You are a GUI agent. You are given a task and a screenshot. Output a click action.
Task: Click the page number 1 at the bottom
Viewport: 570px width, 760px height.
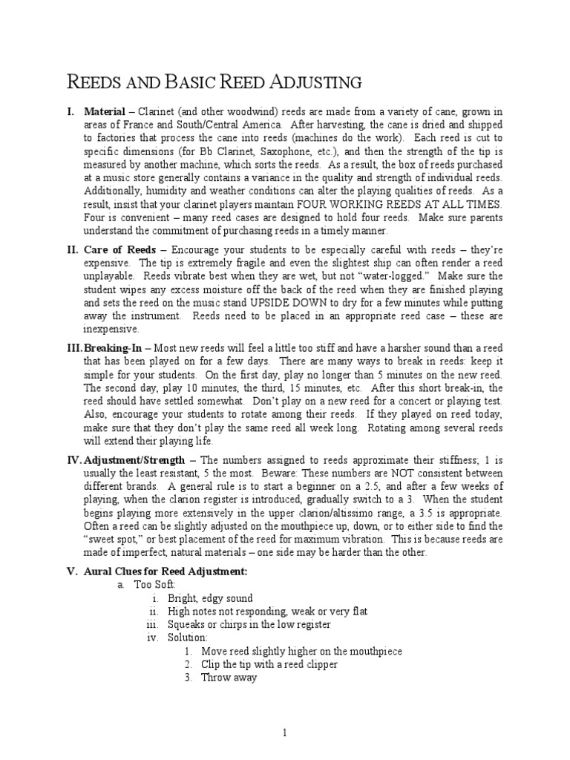click(x=284, y=733)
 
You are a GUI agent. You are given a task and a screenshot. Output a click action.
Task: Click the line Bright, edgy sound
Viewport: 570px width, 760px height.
click(x=210, y=598)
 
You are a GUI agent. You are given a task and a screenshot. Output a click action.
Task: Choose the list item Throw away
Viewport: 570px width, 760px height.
click(x=229, y=678)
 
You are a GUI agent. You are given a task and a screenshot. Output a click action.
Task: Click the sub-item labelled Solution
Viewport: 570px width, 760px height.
click(x=187, y=638)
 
